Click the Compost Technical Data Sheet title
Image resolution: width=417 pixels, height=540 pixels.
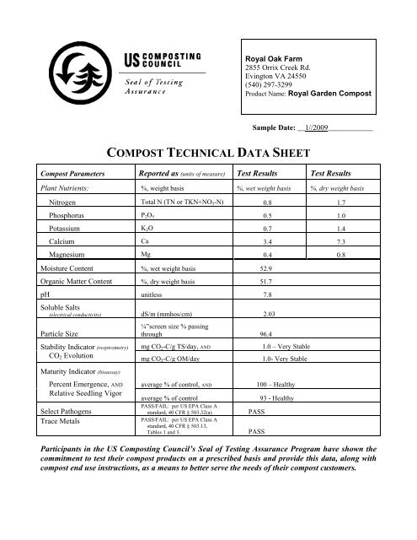207,152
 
